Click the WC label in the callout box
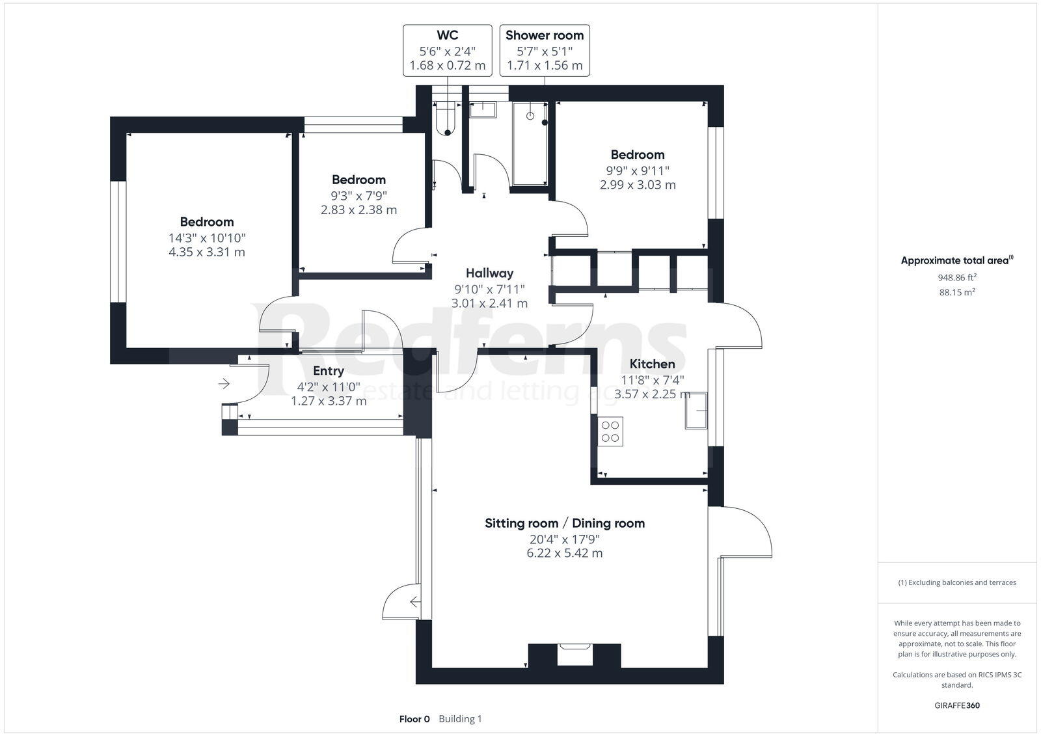point(448,35)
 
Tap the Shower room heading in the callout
point(545,35)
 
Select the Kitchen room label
point(652,364)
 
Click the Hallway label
point(489,273)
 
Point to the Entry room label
point(329,371)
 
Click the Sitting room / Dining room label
point(565,523)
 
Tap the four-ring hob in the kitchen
point(611,431)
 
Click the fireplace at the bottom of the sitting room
point(575,653)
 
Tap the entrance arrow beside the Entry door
point(224,384)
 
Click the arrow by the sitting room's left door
point(414,603)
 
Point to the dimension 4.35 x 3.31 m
point(207,252)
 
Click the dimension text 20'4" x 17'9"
point(565,539)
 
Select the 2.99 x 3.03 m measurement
point(638,185)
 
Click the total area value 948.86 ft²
point(957,277)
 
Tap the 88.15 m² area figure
point(957,292)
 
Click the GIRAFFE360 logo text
point(957,705)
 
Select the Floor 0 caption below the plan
point(414,719)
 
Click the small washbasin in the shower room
point(482,109)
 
